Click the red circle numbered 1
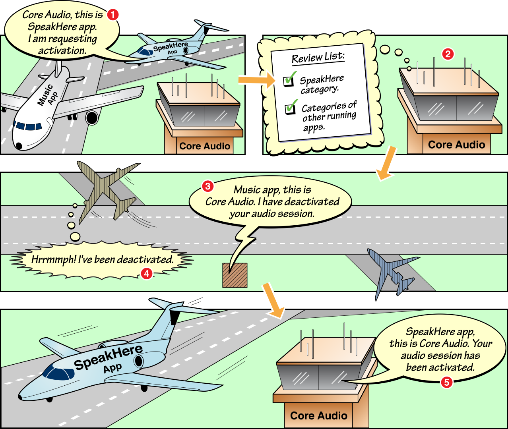tap(113, 15)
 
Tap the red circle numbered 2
tap(448, 54)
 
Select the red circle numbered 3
tap(207, 186)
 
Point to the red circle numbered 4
tap(147, 273)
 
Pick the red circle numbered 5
tap(446, 382)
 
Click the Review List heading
tap(318, 58)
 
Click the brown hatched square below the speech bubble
tap(235, 275)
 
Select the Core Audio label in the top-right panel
tap(456, 145)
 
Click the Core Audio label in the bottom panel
tap(318, 416)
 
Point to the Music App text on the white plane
tap(47, 96)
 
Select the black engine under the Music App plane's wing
tap(92, 118)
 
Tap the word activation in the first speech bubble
tap(62, 51)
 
